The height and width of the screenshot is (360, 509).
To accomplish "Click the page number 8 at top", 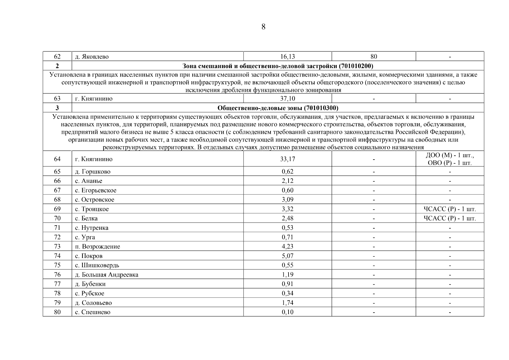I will click(263, 27).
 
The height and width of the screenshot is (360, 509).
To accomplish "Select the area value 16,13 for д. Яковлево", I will click(287, 56).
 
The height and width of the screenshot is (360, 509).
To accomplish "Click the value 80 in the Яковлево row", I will click(374, 56).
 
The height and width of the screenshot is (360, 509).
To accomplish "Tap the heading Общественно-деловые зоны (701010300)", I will click(277, 108).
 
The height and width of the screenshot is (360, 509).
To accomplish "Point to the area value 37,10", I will click(287, 98).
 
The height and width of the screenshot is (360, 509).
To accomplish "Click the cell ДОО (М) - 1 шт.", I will click(450, 155).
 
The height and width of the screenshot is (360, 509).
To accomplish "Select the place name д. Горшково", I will click(93, 172).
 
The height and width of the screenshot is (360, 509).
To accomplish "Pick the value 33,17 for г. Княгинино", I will click(287, 159).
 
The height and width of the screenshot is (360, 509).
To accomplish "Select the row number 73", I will click(57, 246).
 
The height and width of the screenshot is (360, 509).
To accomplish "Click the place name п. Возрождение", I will click(97, 247).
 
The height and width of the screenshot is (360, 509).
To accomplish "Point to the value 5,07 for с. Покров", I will click(287, 256).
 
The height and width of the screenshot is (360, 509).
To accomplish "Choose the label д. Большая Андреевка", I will click(106, 274).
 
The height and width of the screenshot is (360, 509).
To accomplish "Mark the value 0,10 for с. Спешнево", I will click(287, 312).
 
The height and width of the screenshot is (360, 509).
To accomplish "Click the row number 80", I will click(57, 312).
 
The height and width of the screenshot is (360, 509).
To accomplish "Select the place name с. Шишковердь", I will click(97, 265).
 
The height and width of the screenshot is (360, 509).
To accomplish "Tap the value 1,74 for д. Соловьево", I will click(287, 303).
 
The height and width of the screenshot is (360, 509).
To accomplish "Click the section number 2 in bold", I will click(57, 66).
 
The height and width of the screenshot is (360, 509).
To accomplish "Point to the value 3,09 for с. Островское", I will click(287, 199).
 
